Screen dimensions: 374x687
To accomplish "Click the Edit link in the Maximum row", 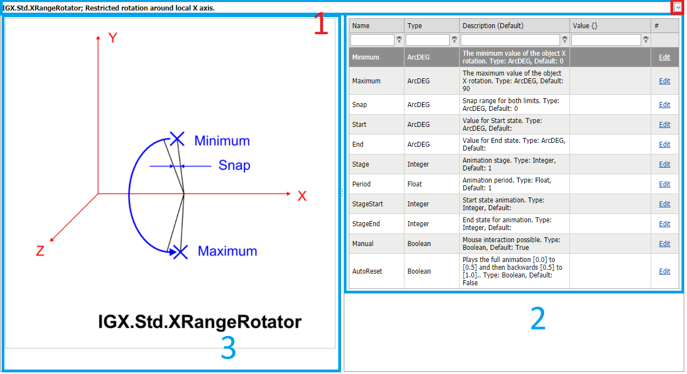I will pyautogui.click(x=664, y=81).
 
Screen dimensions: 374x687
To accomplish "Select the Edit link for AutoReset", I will pyautogui.click(x=664, y=271).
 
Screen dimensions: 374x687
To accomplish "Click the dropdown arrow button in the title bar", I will pyautogui.click(x=678, y=7).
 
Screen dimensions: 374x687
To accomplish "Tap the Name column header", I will pyautogui.click(x=361, y=26).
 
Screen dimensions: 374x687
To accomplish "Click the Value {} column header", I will pyautogui.click(x=585, y=26).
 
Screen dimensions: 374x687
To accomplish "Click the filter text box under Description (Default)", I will pyautogui.click(x=510, y=40).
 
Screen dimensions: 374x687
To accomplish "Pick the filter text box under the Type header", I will pyautogui.click(x=427, y=40).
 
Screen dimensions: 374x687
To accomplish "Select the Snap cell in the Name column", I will pyautogui.click(x=359, y=105).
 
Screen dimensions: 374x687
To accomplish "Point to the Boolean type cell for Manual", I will pyautogui.click(x=419, y=244).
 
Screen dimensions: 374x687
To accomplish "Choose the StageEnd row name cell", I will pyautogui.click(x=366, y=224).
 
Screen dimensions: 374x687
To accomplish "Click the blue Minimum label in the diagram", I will pyautogui.click(x=222, y=141).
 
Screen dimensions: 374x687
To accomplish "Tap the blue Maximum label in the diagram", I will pyautogui.click(x=227, y=252).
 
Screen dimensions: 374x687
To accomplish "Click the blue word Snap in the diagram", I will pyautogui.click(x=234, y=165).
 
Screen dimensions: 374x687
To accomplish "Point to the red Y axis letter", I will pyautogui.click(x=113, y=38).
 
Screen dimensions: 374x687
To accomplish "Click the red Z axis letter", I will pyautogui.click(x=40, y=252).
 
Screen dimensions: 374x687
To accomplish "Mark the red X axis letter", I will pyautogui.click(x=302, y=196).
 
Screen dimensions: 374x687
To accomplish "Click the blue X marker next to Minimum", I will pyautogui.click(x=177, y=139).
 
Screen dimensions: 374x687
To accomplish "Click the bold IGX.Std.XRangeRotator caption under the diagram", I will pyautogui.click(x=200, y=322).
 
